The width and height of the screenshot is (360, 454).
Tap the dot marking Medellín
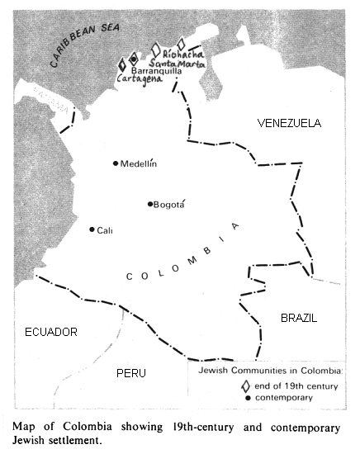coord(116,163)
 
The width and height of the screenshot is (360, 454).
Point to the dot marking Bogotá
coord(150,204)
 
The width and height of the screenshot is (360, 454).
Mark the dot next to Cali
coord(92,230)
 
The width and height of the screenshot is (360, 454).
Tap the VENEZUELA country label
coord(289,123)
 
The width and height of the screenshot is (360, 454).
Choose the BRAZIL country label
coord(299,317)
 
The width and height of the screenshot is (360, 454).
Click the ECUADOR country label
coord(50,332)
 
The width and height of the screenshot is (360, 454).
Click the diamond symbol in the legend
coord(244,385)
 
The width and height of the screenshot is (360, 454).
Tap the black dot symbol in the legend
coord(244,398)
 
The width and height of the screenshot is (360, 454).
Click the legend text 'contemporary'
coord(283,398)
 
